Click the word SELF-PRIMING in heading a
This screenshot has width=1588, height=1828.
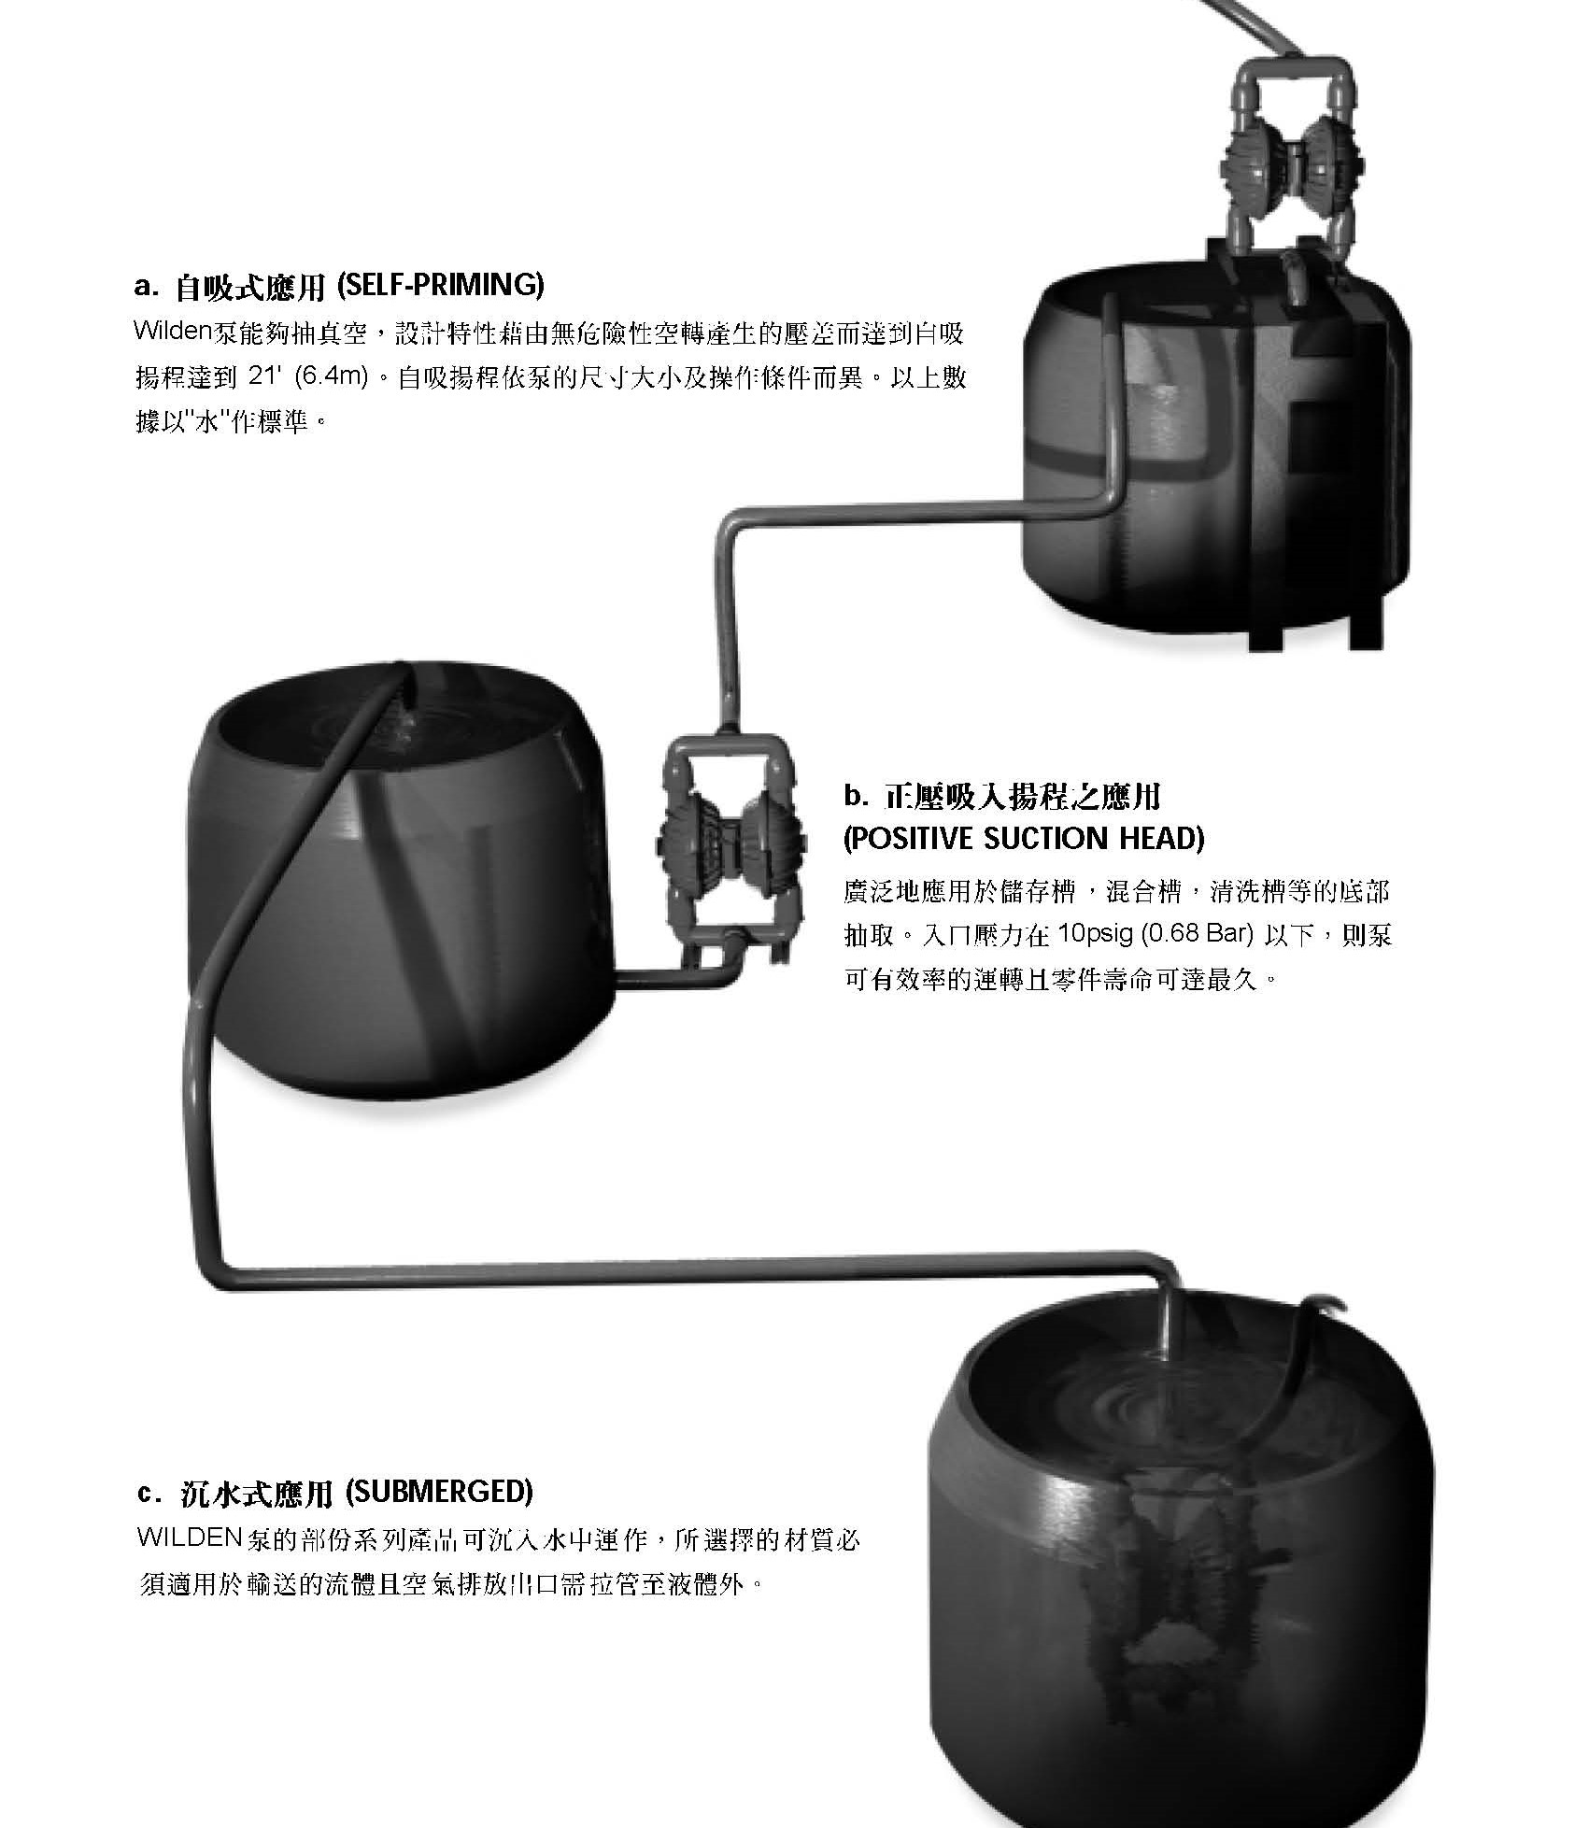(439, 285)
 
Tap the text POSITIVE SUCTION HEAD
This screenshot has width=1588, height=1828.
(1024, 838)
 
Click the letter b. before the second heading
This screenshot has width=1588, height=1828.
(858, 796)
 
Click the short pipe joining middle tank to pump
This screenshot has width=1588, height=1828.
(673, 977)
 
